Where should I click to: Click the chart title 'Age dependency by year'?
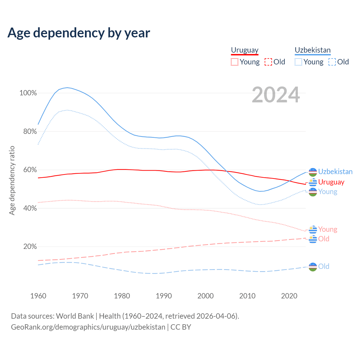79,33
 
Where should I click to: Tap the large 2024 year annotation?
276,95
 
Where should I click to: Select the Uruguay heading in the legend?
245,50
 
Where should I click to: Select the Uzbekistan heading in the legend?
312,50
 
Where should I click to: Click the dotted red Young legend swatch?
234,62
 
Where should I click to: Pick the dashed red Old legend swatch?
268,62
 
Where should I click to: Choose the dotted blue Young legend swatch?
298,62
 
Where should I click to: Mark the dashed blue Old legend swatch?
332,62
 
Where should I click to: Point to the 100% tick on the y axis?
28,93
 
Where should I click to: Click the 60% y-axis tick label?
30,170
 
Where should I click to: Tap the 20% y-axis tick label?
30,247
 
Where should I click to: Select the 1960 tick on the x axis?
38,296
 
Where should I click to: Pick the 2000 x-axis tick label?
206,296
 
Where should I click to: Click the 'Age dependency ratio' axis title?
12,180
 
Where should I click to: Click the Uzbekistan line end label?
335,172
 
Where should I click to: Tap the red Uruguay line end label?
331,182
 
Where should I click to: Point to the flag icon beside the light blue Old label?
313,267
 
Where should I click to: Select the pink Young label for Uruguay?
328,229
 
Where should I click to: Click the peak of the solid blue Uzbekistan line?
67,87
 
